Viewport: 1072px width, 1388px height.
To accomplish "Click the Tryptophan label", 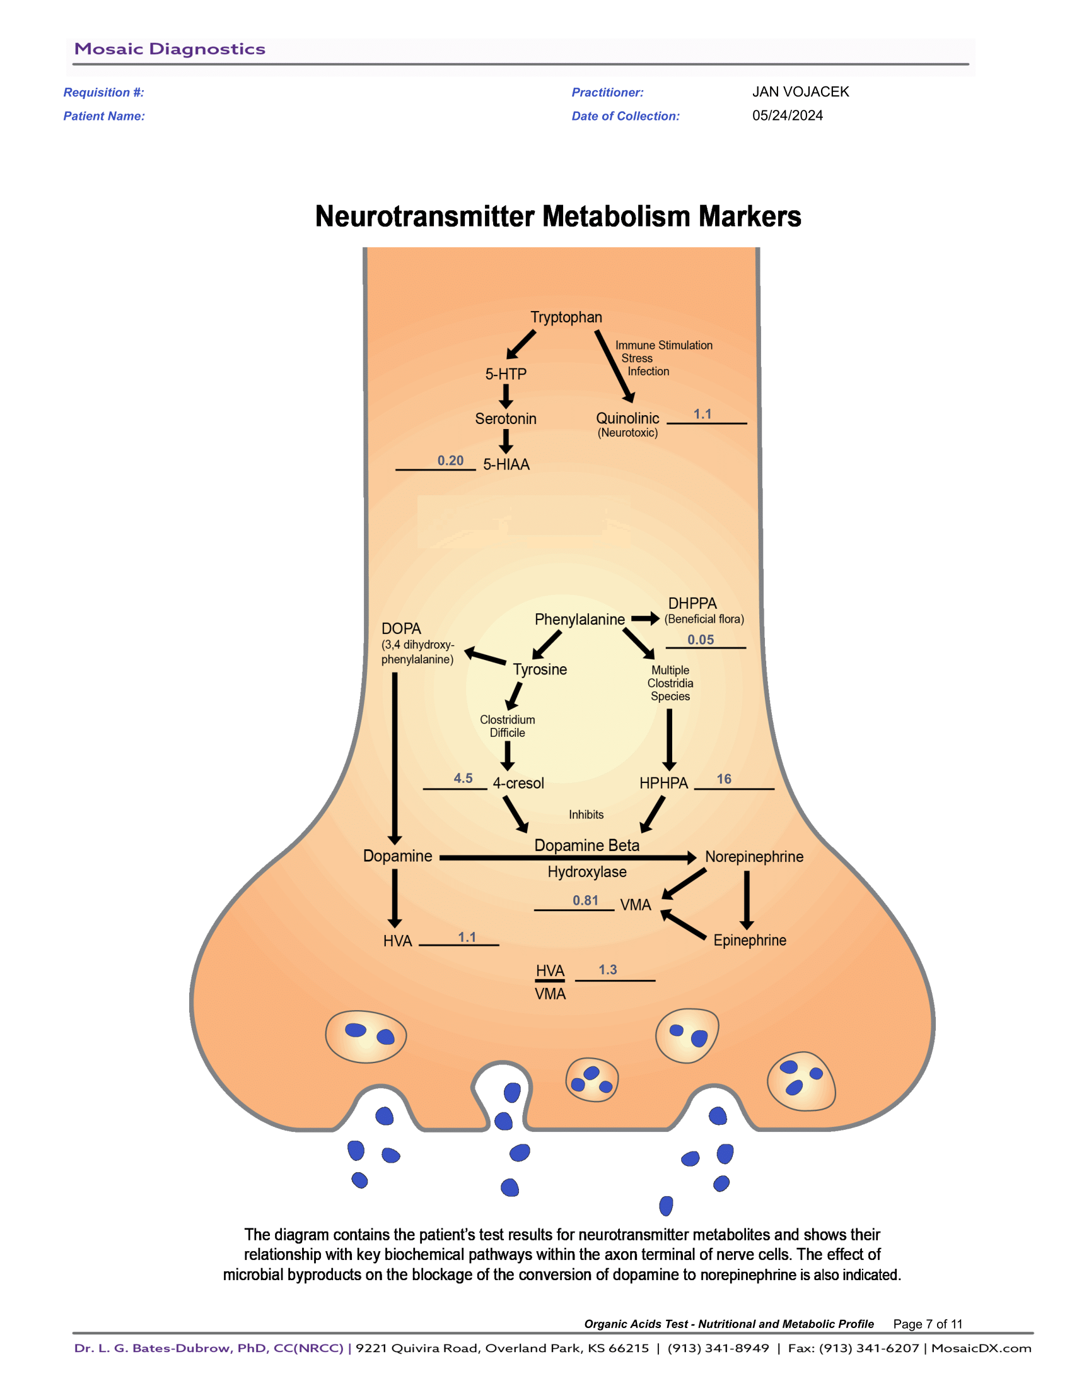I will coord(566,317).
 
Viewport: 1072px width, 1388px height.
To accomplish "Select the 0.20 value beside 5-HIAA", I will coord(450,461).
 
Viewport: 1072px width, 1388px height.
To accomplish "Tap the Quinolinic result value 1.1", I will coord(702,415).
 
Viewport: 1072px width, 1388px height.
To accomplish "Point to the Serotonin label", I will coord(506,419).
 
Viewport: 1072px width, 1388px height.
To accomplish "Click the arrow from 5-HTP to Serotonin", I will coord(506,396).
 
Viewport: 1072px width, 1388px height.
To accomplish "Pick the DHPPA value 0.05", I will coord(701,640).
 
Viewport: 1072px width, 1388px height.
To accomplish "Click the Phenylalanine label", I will coord(579,620).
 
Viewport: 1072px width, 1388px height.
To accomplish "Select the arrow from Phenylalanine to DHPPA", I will coord(645,619).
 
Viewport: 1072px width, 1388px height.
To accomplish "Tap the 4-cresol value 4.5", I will coord(463,779).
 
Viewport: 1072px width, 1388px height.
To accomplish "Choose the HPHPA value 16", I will coord(724,779).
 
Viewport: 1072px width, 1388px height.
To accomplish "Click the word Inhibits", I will coord(586,815).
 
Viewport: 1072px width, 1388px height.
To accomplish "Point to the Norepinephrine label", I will coord(754,857).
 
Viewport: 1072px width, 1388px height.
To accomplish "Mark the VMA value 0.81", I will coord(585,900).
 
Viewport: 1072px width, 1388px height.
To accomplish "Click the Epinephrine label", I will coord(749,941).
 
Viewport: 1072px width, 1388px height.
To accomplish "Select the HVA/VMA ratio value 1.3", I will coord(608,970).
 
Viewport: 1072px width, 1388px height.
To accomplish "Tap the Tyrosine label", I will coord(540,670).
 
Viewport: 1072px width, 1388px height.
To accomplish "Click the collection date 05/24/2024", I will coord(788,115).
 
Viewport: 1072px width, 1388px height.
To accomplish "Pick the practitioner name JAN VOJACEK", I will coord(800,92).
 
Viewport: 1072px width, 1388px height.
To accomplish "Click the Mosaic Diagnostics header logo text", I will coord(170,49).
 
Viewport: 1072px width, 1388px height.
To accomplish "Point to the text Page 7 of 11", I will coord(927,1324).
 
